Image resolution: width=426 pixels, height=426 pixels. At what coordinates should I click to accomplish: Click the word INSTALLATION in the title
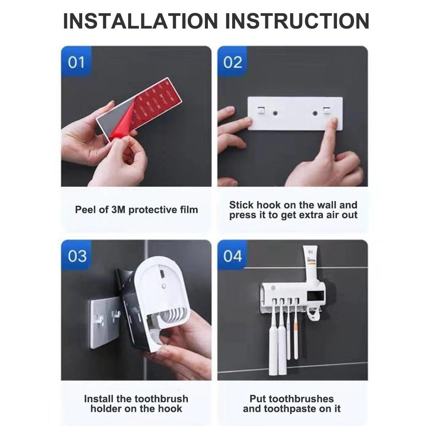click(x=140, y=21)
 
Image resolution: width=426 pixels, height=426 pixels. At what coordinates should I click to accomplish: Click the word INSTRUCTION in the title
click(x=297, y=21)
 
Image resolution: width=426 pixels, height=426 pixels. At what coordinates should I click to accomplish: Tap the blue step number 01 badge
click(x=76, y=61)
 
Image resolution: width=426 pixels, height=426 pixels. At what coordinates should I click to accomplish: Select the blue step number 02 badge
click(x=232, y=61)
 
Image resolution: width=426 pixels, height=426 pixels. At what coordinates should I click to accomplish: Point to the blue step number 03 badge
click(x=77, y=255)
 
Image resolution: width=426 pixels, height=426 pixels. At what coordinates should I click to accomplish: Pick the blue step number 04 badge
click(x=232, y=255)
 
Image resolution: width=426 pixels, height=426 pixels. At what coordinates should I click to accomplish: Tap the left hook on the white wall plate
click(x=261, y=110)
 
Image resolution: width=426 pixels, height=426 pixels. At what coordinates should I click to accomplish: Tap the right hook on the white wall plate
click(x=326, y=110)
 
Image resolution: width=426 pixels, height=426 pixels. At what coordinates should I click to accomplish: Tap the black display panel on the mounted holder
click(x=315, y=296)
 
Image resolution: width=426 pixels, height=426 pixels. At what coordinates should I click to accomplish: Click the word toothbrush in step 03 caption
click(x=161, y=399)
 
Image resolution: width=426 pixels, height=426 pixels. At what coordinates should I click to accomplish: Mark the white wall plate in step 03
click(x=105, y=323)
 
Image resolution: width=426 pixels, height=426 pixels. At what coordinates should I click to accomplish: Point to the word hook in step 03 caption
click(x=171, y=409)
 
